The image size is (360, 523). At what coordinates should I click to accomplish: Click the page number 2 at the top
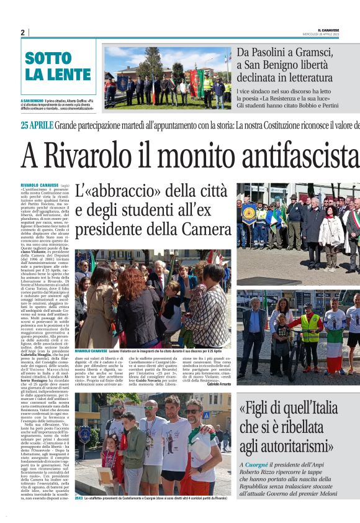[x=22, y=32]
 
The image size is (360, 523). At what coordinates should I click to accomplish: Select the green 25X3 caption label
[x=79, y=498]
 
